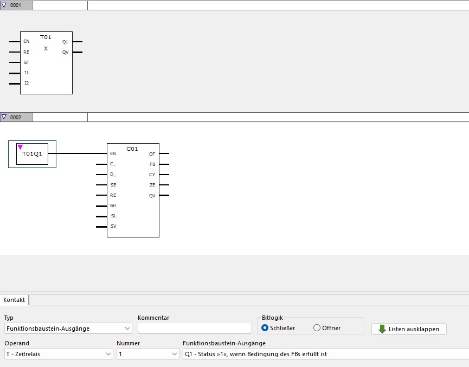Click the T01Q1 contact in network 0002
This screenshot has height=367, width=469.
(32, 154)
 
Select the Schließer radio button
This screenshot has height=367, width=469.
(265, 328)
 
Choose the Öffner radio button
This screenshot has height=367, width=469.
(317, 328)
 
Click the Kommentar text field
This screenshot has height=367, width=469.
(194, 329)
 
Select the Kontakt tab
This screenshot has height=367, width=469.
(14, 300)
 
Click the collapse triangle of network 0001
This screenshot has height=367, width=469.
(4, 5)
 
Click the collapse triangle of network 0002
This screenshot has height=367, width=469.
(4, 117)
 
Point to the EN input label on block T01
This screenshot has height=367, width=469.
(26, 41)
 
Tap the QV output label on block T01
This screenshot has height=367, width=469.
(65, 52)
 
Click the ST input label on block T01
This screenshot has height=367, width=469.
(26, 62)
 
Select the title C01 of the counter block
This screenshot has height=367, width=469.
(132, 149)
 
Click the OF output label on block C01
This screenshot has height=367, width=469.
(152, 154)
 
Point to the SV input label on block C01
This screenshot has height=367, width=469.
(113, 226)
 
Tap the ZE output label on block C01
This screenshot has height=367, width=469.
(152, 185)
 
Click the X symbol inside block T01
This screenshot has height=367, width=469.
(46, 48)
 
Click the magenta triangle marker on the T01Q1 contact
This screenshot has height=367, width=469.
(20, 146)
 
